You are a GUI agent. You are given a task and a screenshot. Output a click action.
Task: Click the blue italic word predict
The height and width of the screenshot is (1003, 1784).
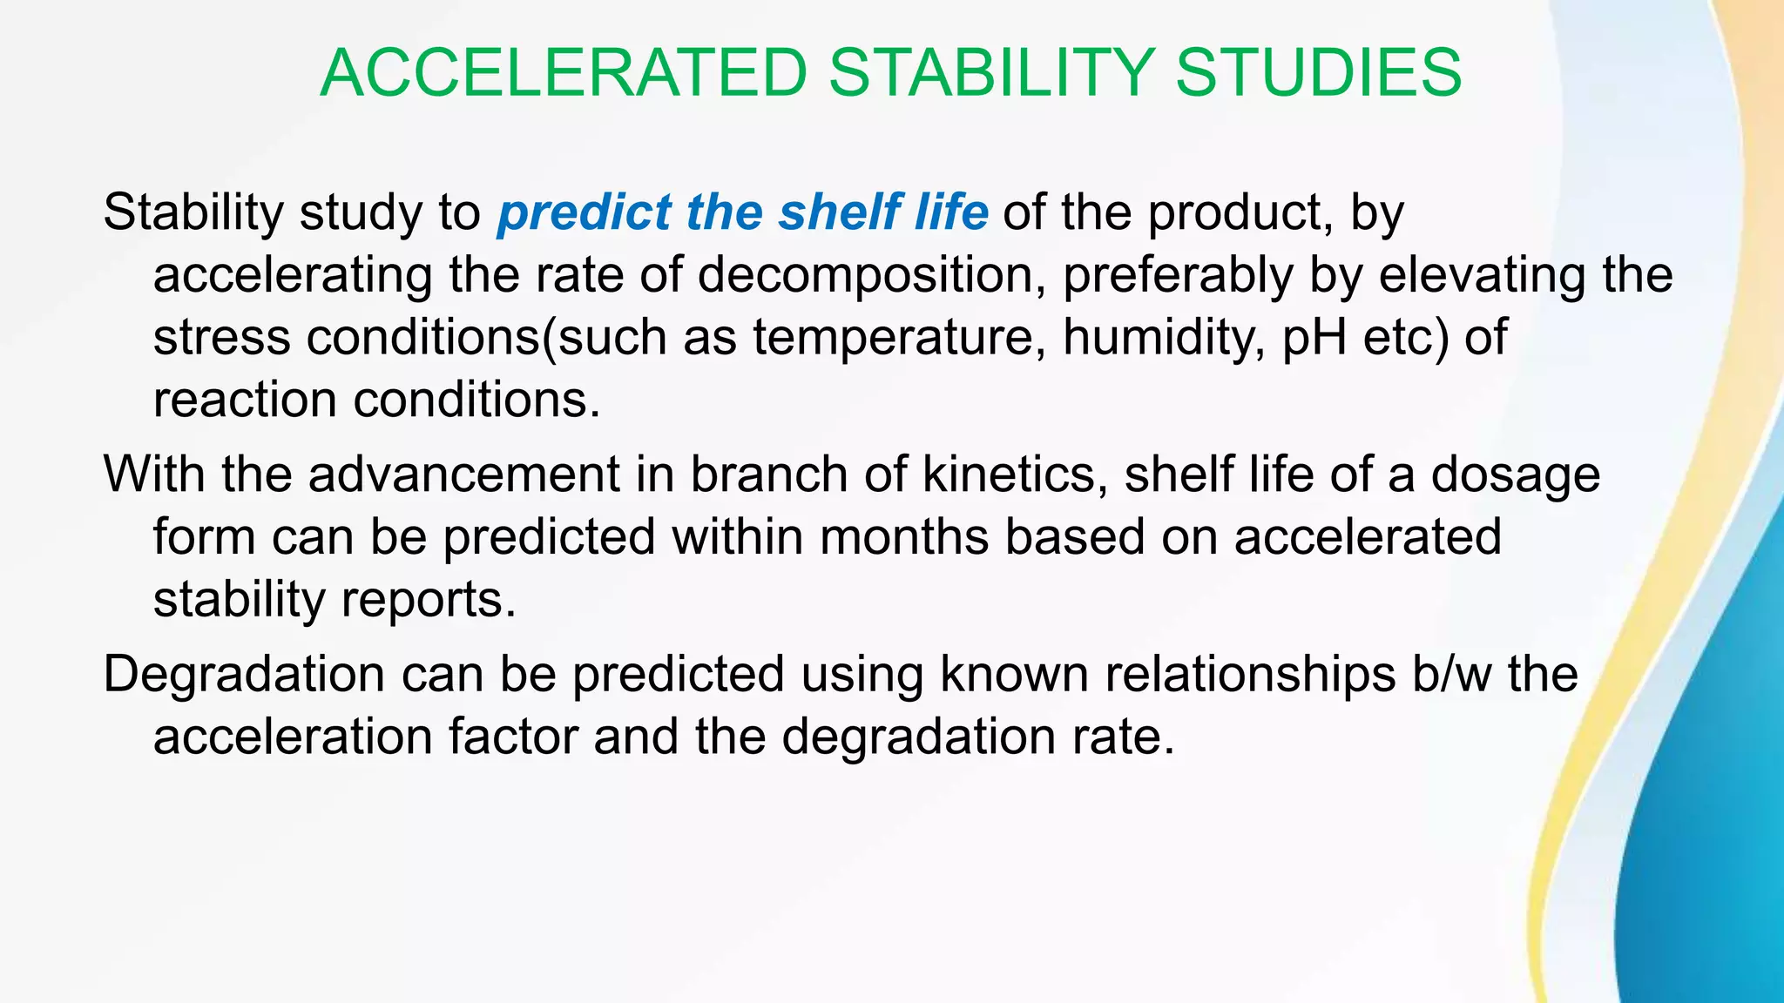[x=585, y=212]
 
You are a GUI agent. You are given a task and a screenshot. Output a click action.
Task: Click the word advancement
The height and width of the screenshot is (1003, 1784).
[x=463, y=475]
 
